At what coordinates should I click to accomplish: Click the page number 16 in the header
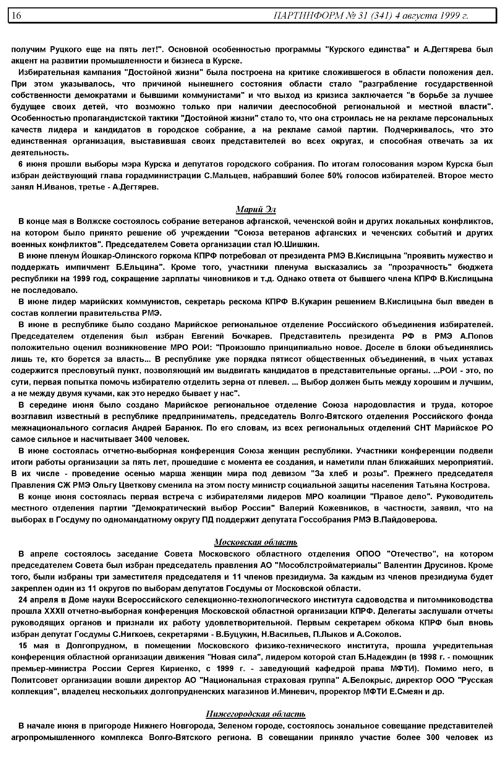point(16,15)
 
